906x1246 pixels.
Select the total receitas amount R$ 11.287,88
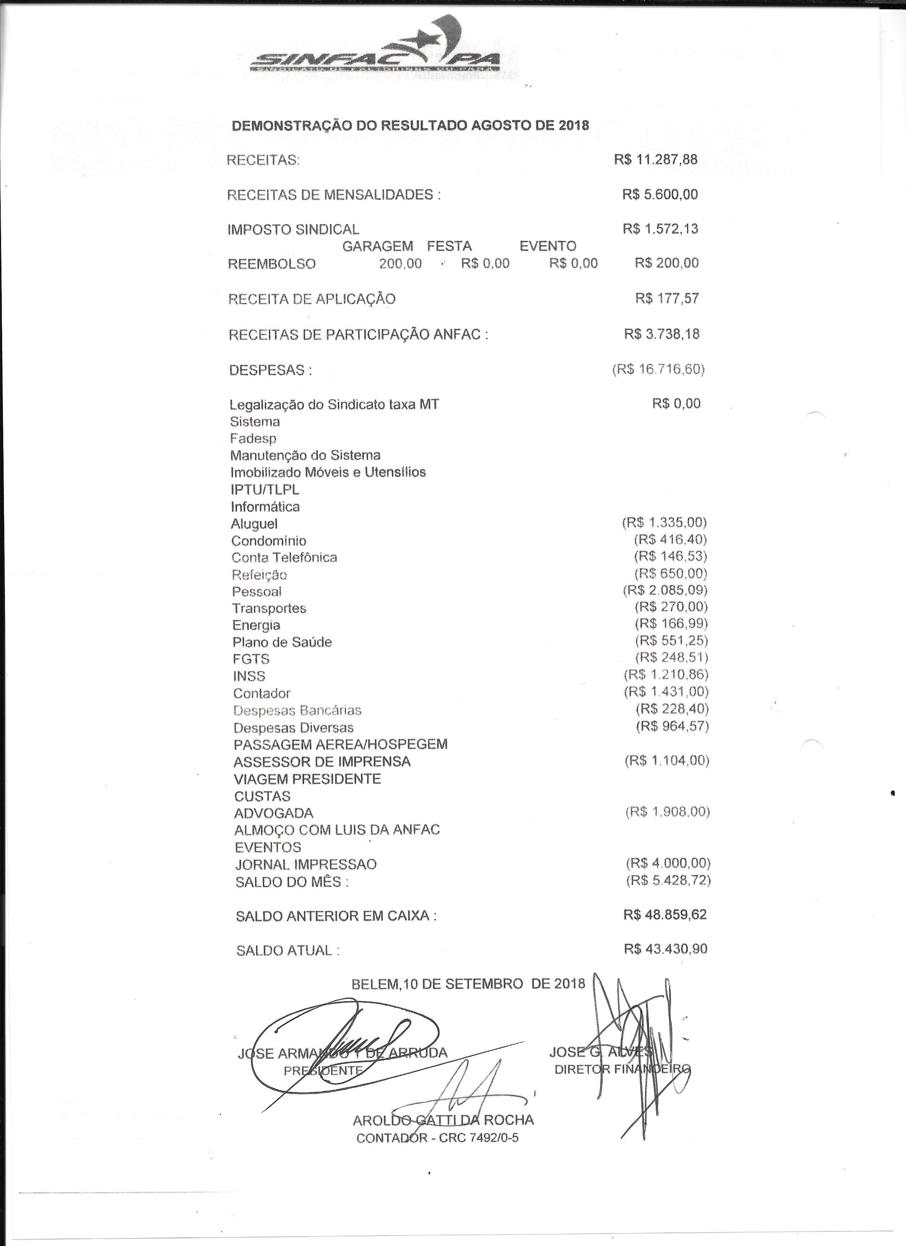coord(656,159)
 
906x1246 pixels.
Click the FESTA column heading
coord(449,246)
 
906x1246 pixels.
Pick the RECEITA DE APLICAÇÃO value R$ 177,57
coord(667,298)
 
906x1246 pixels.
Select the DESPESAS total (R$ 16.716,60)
coord(658,369)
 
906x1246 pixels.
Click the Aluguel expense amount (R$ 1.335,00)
coord(664,522)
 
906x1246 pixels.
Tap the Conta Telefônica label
coord(284,557)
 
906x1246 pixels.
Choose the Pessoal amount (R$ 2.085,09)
coord(665,590)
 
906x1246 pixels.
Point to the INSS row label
coord(249,676)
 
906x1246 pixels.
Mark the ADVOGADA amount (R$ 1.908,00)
coord(668,811)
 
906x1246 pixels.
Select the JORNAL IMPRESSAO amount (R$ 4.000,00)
coord(668,863)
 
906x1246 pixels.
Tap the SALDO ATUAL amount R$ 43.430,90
coord(665,949)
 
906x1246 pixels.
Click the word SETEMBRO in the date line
coord(484,984)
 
